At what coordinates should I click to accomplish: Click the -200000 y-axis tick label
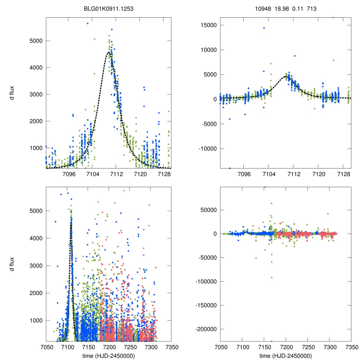pyautogui.click(x=204, y=329)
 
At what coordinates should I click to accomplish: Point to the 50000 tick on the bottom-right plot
pyautogui.click(x=208, y=210)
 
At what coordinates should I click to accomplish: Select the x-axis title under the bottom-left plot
pyautogui.click(x=109, y=356)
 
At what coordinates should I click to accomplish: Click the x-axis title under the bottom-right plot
pyautogui.click(x=285, y=356)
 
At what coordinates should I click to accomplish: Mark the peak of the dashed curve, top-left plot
pyautogui.click(x=109, y=53)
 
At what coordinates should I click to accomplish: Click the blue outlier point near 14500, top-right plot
pyautogui.click(x=264, y=28)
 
